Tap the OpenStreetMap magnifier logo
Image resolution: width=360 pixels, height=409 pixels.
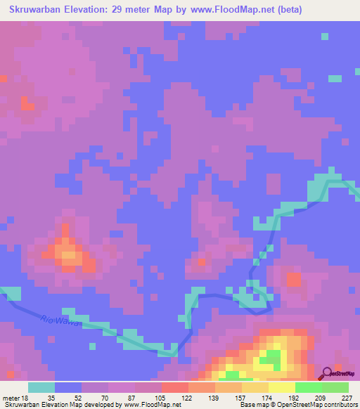tap(326, 373)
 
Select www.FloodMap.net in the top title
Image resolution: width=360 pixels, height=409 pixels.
tap(231, 10)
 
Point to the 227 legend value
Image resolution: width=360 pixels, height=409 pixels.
tap(347, 398)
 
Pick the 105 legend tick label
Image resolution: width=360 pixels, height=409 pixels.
tap(161, 398)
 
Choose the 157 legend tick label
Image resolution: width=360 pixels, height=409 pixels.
tap(241, 398)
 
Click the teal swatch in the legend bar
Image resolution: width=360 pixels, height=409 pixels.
tap(41, 387)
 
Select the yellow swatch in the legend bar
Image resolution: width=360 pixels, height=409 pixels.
tap(282, 387)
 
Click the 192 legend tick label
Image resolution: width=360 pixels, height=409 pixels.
tap(295, 398)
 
